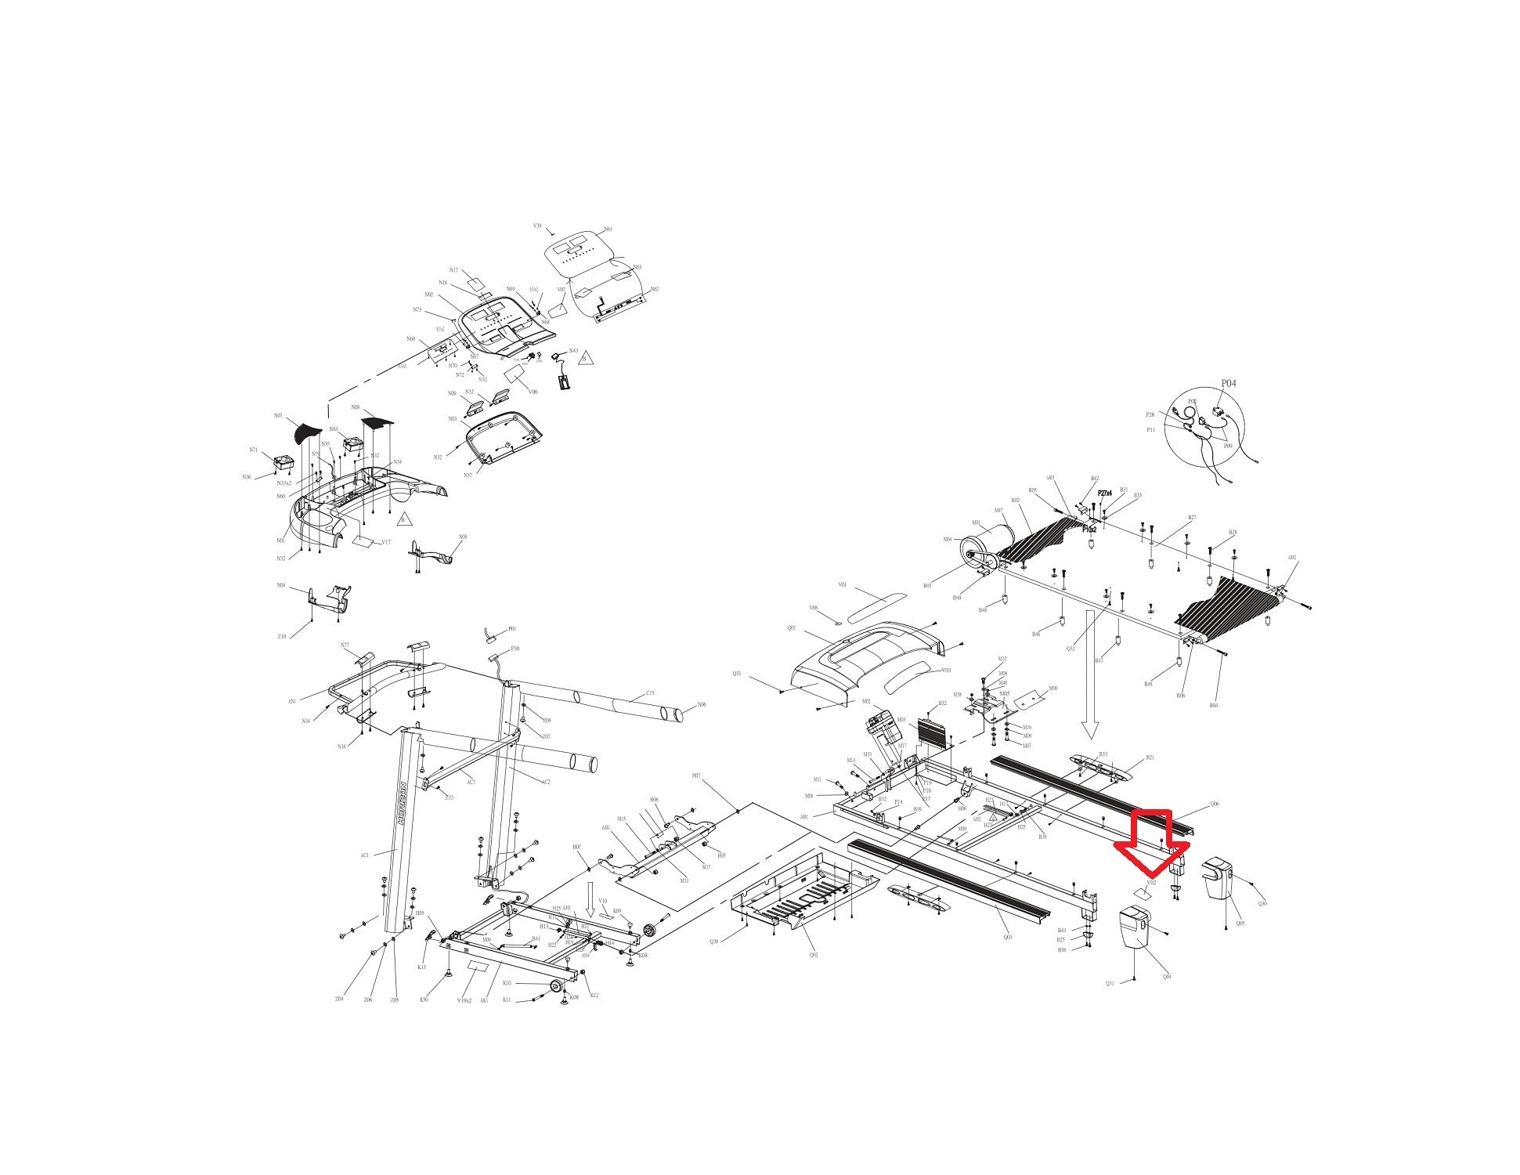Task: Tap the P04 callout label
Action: [1229, 384]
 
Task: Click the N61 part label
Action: [608, 230]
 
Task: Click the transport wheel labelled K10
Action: [556, 985]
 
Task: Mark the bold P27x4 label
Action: [1105, 493]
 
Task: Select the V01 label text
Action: [843, 584]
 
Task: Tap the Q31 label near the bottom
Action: [1110, 984]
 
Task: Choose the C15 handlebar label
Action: [650, 693]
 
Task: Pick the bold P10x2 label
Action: [1089, 530]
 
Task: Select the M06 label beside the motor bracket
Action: [1053, 688]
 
